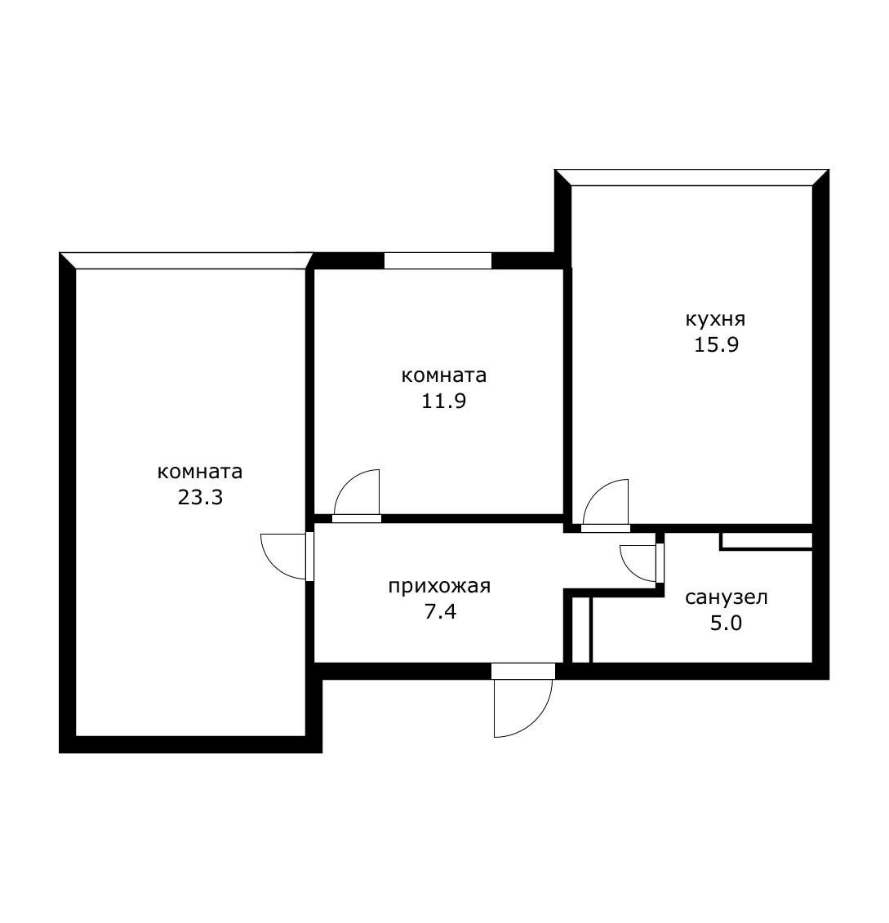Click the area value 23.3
[x=200, y=497]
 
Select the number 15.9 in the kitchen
[x=716, y=344]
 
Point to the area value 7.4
[x=439, y=611]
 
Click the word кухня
[x=716, y=318]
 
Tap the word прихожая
[x=439, y=586]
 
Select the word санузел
[x=726, y=597]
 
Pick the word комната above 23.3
[x=200, y=472]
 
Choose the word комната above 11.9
[x=444, y=375]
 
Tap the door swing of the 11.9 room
[x=357, y=492]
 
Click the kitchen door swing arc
[x=606, y=501]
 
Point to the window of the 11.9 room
[x=438, y=260]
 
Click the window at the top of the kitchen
[x=692, y=178]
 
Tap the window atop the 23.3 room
[x=186, y=260]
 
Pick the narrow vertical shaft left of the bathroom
[x=581, y=629]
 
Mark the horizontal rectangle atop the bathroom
[x=766, y=540]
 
